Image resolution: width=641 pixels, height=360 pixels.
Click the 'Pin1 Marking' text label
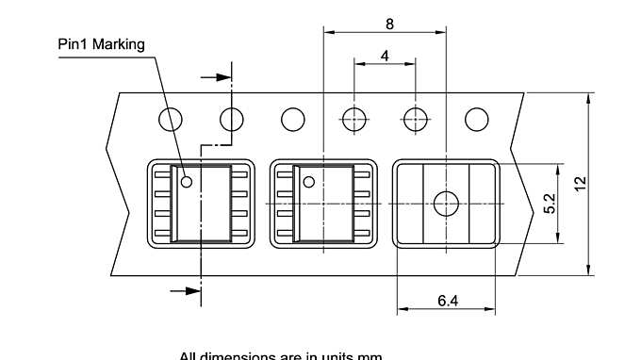pos(101,44)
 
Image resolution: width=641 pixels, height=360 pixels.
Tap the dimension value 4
pos(385,56)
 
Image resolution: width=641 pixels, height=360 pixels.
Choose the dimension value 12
pos(581,185)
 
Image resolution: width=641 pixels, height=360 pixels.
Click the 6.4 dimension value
pos(448,301)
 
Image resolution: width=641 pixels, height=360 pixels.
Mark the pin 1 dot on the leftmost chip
pos(187,182)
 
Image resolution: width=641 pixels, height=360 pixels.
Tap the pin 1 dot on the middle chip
pos(308,182)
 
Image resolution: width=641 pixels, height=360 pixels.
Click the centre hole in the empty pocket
pos(445,203)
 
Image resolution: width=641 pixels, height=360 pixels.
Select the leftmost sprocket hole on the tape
pos(171,120)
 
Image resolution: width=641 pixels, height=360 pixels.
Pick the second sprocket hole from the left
pos(232,120)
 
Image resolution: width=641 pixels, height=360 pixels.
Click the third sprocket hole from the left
pos(293,120)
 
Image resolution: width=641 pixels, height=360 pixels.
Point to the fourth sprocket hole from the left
pos(354,120)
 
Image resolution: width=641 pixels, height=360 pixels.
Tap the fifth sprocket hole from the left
pos(416,120)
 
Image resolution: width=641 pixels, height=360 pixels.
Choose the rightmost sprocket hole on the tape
pos(477,120)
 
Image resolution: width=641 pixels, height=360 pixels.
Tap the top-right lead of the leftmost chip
pos(239,174)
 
